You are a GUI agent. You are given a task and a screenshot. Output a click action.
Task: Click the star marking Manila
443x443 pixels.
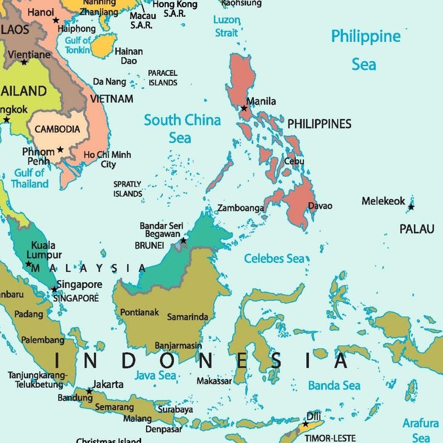244,108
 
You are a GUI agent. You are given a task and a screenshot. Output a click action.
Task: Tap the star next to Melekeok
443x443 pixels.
411,207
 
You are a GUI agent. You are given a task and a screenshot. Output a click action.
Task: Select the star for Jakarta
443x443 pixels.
89,391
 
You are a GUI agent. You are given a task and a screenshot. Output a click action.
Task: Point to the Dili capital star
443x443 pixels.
305,424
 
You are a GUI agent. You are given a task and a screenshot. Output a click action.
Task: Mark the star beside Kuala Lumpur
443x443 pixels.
29,264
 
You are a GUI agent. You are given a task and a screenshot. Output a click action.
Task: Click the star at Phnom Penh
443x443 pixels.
60,150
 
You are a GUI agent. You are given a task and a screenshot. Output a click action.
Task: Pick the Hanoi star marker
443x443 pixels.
56,20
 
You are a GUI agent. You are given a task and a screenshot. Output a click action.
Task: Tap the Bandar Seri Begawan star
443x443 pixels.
183,240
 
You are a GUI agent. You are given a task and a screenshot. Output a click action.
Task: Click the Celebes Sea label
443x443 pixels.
275,258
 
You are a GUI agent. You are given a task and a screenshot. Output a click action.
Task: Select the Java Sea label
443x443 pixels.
156,375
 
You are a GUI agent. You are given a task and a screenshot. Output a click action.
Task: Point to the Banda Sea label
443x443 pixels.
334,385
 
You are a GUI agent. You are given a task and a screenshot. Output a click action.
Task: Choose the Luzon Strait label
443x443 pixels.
227,26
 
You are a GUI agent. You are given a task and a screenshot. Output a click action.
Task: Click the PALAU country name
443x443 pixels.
417,229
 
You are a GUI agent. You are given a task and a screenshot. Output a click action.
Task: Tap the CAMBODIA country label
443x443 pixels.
57,129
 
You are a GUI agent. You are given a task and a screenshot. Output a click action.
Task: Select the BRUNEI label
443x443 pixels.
150,245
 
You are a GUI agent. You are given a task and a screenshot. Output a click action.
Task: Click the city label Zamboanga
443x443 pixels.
240,208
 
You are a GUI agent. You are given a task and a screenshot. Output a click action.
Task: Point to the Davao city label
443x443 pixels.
320,206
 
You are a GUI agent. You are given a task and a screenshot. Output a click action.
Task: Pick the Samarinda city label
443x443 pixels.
187,317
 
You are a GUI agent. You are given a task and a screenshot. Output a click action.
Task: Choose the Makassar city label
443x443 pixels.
214,381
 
